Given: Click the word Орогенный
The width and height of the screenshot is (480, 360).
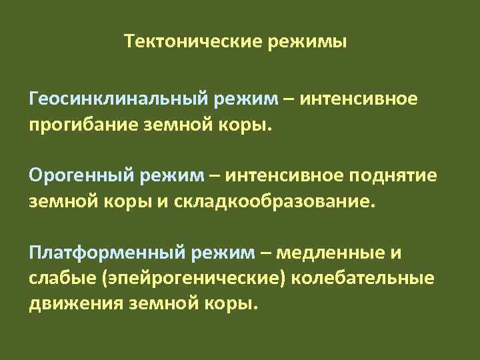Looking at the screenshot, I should point(81,176).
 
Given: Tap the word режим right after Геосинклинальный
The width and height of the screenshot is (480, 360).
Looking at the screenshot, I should point(244,100).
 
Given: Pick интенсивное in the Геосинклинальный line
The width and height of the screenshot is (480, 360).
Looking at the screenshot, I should point(359,100).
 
